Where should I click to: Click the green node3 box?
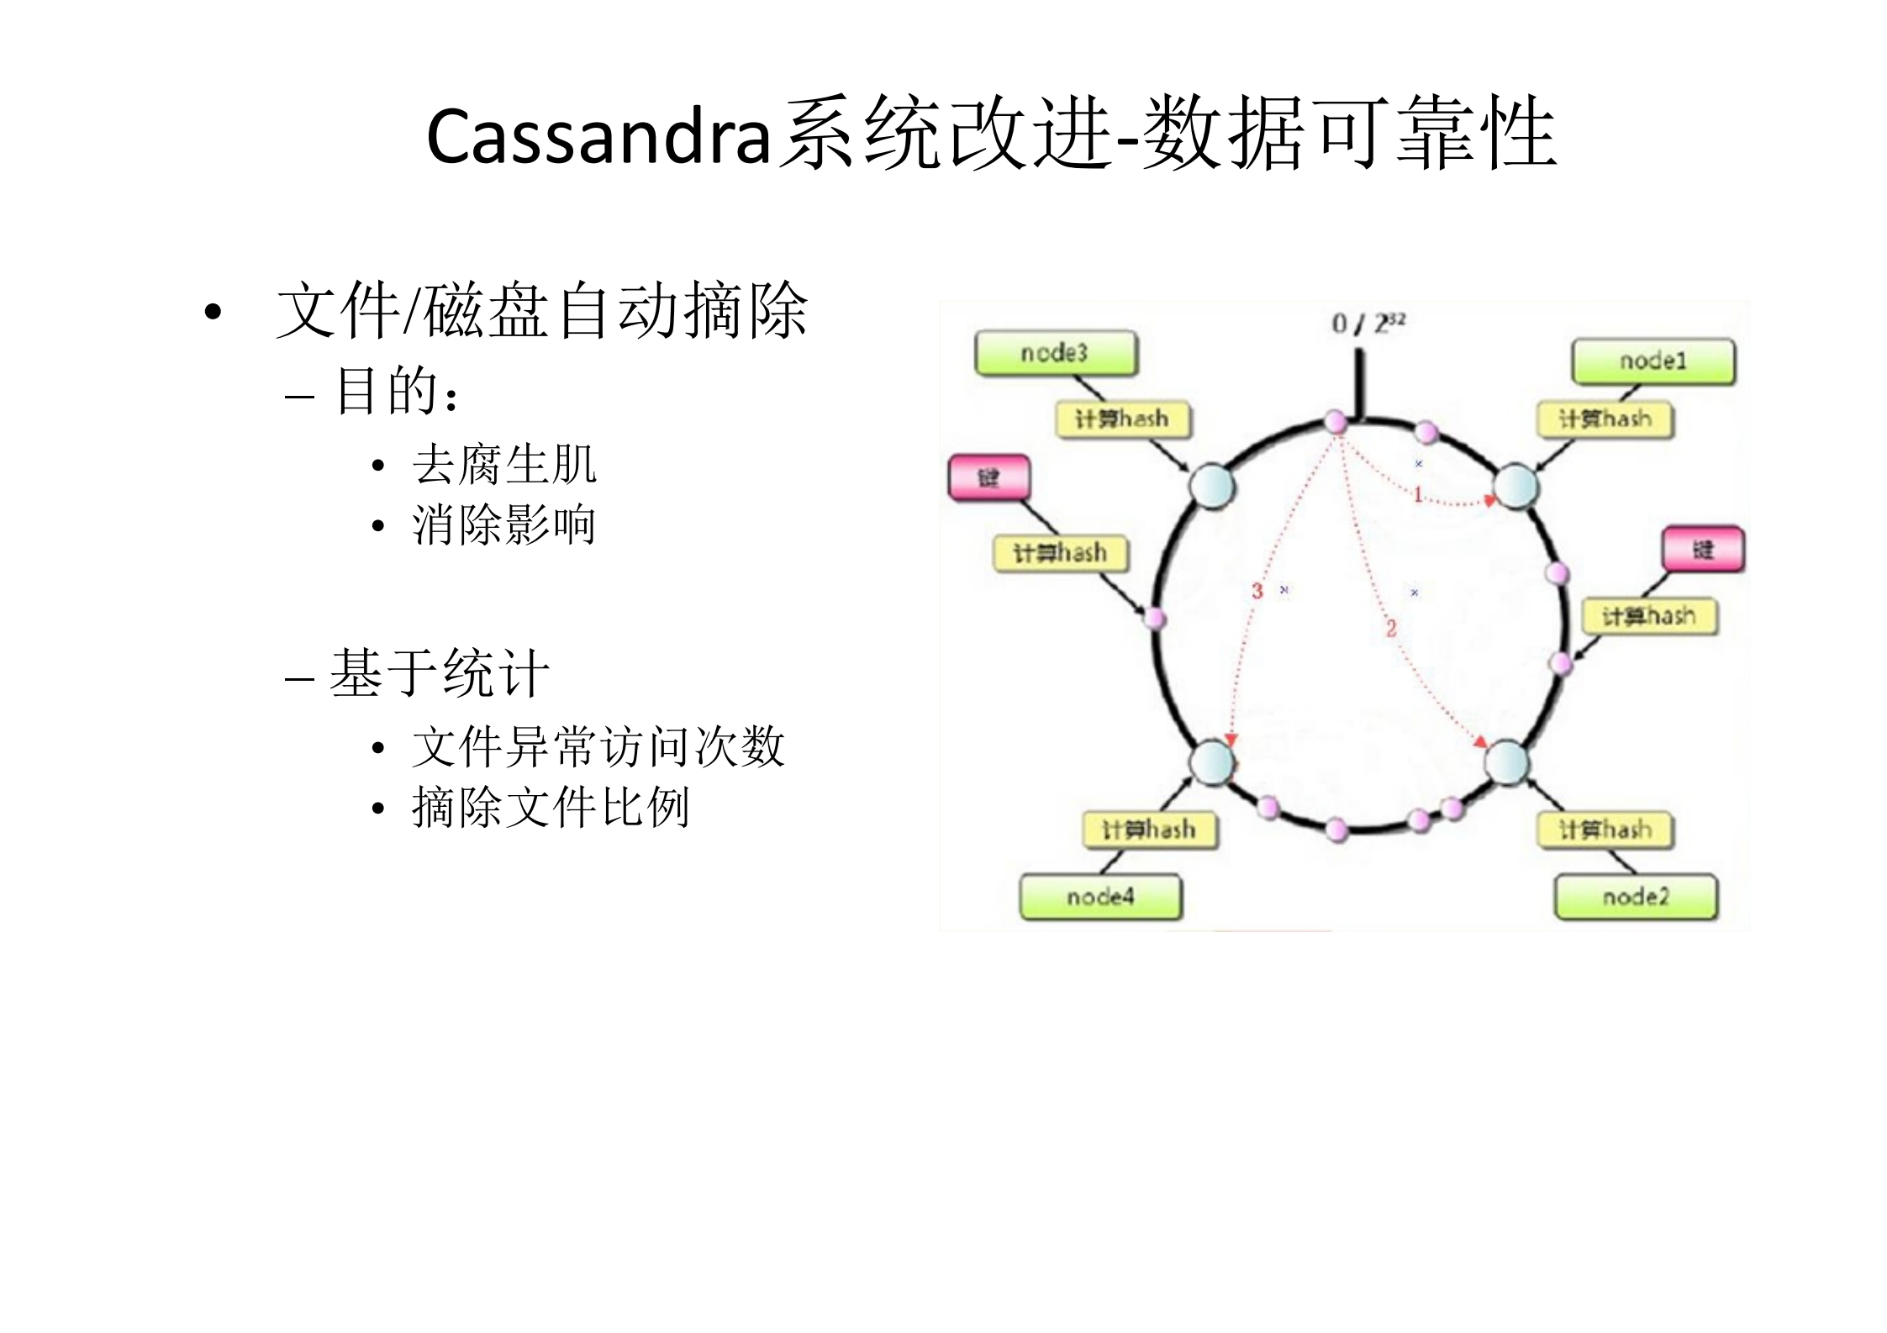1055,353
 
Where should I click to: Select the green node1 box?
1652,361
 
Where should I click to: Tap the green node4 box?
1100,897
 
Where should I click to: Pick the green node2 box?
1635,897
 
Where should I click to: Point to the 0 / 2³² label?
1368,323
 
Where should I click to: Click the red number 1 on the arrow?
1417,494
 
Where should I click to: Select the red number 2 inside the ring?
1391,628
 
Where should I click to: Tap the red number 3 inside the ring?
1257,591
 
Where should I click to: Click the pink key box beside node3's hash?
988,478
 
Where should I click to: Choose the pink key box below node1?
1703,550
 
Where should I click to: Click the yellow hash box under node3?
1123,419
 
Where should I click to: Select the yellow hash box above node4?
1149,830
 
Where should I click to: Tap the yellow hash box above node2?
1605,830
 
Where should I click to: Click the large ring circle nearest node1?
1515,487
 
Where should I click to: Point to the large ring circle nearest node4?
1212,763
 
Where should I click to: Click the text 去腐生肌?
504,464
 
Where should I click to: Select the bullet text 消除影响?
504,525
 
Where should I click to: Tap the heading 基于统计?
440,673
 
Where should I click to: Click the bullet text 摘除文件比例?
551,808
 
